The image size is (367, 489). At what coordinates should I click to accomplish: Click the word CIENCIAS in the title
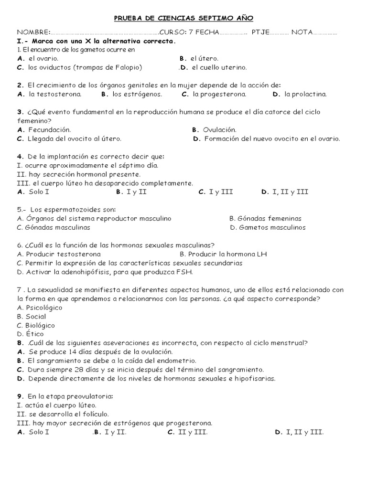click(176, 18)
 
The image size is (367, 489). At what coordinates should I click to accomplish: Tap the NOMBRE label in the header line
click(33, 32)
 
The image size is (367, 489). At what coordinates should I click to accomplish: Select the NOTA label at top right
click(302, 32)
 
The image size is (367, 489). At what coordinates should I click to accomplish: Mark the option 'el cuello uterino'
click(216, 67)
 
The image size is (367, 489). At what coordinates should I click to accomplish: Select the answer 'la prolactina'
click(305, 94)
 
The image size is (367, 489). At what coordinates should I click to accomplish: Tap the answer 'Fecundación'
click(49, 129)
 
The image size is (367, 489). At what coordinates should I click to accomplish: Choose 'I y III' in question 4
click(221, 192)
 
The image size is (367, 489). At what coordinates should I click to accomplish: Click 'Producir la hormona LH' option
click(227, 254)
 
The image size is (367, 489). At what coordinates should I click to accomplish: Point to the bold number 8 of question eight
click(20, 343)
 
